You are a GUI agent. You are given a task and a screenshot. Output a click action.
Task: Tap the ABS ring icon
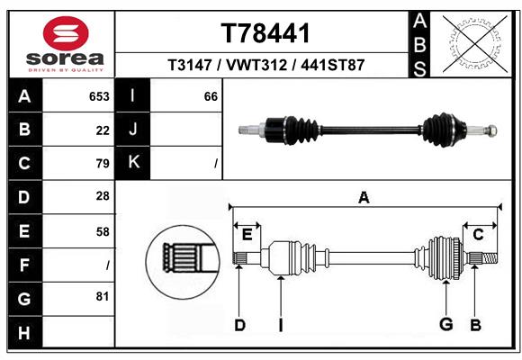473,40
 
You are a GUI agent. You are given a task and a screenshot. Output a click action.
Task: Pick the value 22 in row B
103,130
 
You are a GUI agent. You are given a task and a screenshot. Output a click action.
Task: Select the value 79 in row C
103,164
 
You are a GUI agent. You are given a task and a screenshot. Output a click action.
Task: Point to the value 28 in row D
103,196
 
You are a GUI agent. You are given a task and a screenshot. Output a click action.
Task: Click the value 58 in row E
103,231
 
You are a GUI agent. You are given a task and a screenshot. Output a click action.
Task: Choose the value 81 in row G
103,296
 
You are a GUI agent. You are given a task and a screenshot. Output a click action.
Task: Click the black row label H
24,334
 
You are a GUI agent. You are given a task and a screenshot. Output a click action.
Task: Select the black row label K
133,163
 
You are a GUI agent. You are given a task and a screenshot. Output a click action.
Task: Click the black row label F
24,265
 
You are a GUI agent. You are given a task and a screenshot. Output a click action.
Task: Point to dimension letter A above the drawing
364,197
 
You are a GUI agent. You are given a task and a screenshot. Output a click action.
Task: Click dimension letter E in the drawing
247,235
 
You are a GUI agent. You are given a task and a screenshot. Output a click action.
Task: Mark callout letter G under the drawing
445,324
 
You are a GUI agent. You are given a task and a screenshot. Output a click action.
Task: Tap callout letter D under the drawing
239,325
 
